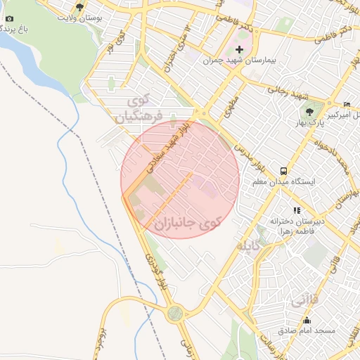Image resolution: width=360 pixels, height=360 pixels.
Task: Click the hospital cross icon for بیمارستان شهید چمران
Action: tap(240, 49)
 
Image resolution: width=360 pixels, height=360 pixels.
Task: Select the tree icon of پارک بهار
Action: tap(309, 110)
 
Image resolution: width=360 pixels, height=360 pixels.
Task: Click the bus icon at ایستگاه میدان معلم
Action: tap(283, 171)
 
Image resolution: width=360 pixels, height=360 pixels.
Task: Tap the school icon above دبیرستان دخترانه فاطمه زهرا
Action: tap(297, 210)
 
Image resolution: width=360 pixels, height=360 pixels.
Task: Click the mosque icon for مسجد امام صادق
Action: tap(307, 320)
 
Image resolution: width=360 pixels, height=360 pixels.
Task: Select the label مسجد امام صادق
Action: tap(307, 330)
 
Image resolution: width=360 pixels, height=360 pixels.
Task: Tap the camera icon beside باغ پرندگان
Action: tap(8, 18)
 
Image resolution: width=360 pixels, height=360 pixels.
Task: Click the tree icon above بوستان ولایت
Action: tap(79, 7)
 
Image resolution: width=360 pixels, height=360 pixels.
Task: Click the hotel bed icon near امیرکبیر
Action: tap(346, 104)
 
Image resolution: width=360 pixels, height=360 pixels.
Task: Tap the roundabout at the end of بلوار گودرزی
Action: tap(176, 313)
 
